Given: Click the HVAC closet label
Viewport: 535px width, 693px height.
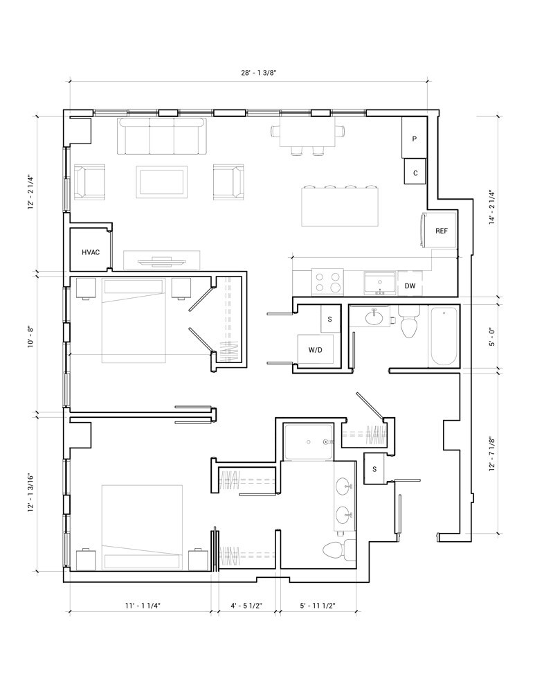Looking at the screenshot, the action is (x=91, y=252).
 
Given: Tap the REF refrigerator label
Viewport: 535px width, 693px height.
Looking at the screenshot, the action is (x=442, y=231).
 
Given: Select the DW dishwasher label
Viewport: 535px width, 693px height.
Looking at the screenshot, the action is (x=410, y=286).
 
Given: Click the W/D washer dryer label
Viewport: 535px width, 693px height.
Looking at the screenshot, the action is (x=315, y=350).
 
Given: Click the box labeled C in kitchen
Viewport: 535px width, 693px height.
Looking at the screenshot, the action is (x=415, y=171).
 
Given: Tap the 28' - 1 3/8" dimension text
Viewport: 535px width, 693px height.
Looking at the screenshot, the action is (x=258, y=73).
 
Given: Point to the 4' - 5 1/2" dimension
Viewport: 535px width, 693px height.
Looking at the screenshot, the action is (x=247, y=606).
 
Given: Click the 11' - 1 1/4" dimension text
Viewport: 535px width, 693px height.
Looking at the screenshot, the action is (x=143, y=606).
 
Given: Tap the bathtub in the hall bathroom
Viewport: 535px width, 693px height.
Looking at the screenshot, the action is (x=444, y=337).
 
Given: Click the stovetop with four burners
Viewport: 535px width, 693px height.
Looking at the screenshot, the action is (x=327, y=282).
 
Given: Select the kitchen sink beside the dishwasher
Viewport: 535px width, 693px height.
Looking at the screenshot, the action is (x=379, y=283).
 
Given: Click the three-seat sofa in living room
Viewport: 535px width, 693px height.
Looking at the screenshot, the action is (x=163, y=136).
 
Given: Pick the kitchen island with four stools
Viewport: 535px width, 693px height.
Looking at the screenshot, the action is (x=341, y=206).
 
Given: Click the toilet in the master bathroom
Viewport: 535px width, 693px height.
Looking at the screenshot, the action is (x=339, y=550).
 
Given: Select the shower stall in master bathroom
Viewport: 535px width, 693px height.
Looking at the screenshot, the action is (x=309, y=442).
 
